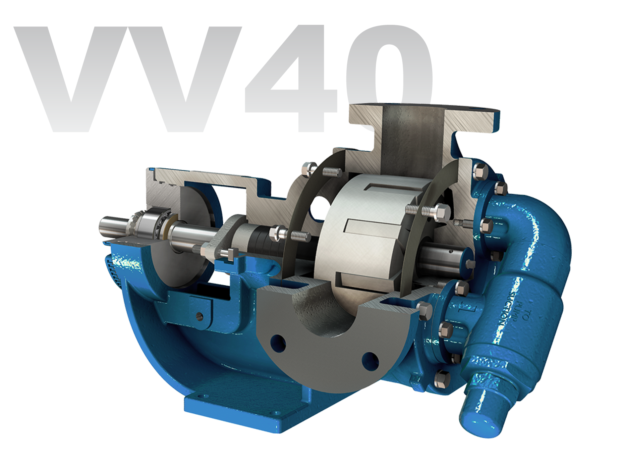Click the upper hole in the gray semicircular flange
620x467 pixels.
click(279, 342)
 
